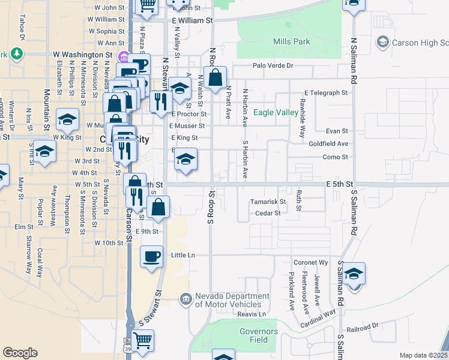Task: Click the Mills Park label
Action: (292, 41)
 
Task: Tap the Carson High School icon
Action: (382, 42)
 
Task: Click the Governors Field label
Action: (259, 335)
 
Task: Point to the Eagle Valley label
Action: (276, 112)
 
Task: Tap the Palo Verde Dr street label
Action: (273, 65)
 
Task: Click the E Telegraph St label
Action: (326, 93)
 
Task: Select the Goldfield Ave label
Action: (328, 144)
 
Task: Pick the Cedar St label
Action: (268, 213)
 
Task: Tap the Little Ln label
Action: (183, 255)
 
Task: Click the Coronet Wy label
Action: (311, 263)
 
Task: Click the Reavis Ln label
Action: (252, 314)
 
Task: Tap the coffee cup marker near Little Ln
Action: (151, 256)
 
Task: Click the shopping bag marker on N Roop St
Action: (215, 77)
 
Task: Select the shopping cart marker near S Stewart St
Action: (143, 340)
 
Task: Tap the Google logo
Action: (20, 353)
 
